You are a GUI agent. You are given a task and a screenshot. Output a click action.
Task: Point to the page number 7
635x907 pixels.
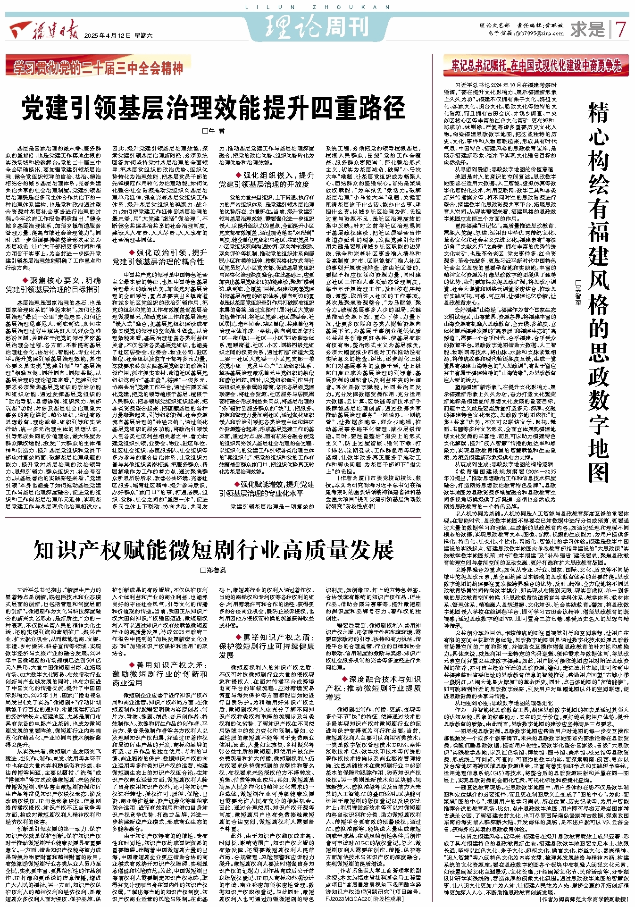click(621, 30)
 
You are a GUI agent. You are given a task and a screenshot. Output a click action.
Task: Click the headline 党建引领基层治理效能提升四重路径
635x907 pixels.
click(213, 108)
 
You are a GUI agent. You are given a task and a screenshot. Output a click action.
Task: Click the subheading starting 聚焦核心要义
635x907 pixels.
click(53, 285)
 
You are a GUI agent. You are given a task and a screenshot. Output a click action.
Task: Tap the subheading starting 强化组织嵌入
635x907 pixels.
click(267, 179)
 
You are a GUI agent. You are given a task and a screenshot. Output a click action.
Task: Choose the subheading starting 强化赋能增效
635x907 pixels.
click(267, 488)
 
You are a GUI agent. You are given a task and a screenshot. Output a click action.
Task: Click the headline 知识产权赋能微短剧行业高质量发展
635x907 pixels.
click(213, 549)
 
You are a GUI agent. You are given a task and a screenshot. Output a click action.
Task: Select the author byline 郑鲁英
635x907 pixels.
click(213, 570)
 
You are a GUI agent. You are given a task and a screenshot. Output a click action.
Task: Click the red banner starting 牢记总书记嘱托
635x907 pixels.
click(536, 66)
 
